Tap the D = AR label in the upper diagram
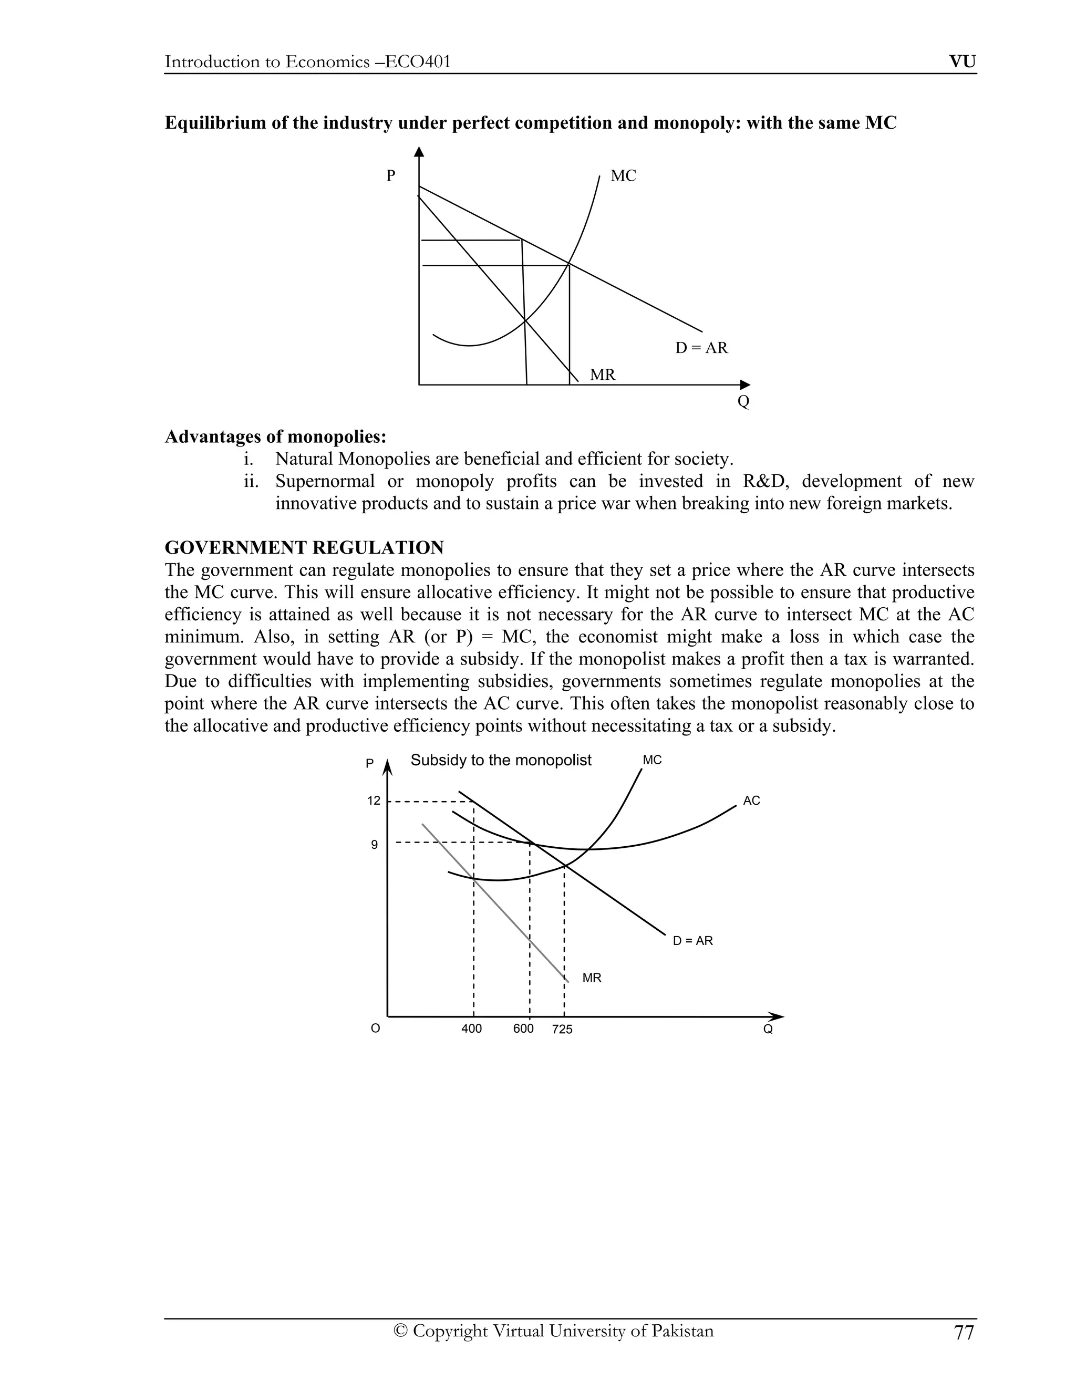701,348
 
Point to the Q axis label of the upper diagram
743,402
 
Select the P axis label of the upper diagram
391,176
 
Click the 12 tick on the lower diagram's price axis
374,801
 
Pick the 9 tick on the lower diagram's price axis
374,845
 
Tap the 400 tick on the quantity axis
472,1029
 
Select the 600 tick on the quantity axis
523,1029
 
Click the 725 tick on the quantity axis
562,1030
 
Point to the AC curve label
751,801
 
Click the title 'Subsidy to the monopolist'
501,761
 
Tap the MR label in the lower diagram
592,978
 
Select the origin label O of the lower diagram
376,1029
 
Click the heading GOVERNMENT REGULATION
304,547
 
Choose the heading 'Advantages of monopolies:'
275,437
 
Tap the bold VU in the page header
963,62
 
